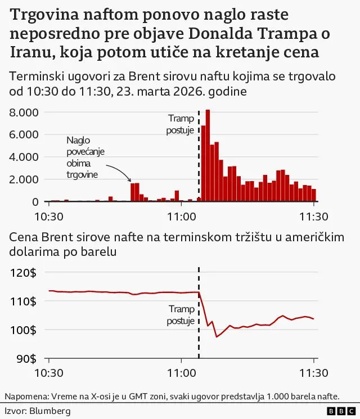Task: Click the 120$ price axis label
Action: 24,273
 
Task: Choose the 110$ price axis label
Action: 24,301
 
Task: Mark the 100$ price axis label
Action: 24,330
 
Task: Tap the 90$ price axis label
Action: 26,358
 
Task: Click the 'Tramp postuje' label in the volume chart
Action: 181,124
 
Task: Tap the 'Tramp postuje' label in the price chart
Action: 181,315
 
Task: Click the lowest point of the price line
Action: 217,336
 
